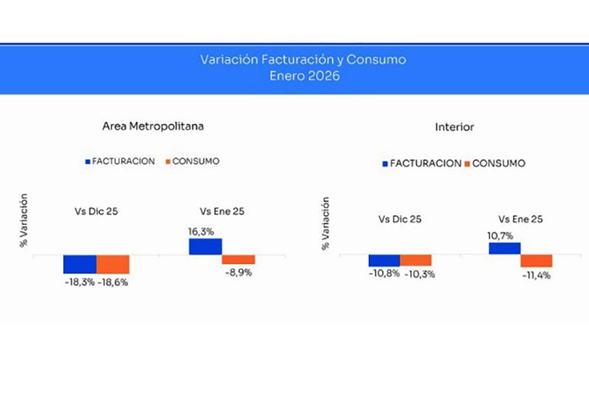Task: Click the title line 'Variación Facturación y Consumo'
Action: point(303,60)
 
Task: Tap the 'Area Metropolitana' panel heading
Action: point(152,126)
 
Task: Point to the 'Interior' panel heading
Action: point(454,127)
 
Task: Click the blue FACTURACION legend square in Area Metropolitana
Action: point(88,161)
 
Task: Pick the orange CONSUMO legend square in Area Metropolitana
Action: point(168,161)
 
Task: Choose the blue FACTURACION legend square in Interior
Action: point(385,163)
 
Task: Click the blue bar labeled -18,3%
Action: point(80,264)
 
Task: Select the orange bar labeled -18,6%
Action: point(113,264)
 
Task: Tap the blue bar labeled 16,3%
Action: point(205,247)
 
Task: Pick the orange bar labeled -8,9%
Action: point(239,260)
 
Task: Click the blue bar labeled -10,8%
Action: point(384,261)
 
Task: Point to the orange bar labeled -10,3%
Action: point(416,261)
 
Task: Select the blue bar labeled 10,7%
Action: point(504,249)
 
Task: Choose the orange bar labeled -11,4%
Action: point(536,261)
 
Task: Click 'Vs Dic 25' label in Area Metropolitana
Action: point(96,212)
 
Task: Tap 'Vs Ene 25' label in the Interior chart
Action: point(521,219)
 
